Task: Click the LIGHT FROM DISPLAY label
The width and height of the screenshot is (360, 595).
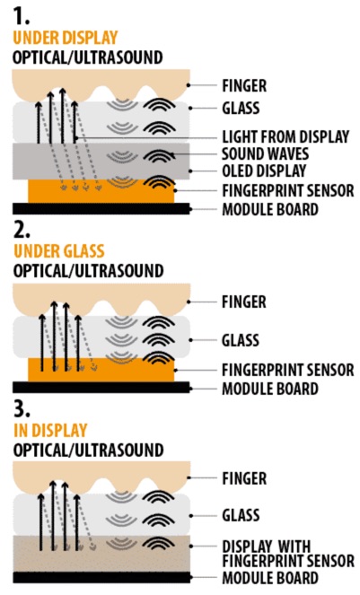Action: click(285, 136)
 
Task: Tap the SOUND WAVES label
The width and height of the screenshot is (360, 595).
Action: click(265, 154)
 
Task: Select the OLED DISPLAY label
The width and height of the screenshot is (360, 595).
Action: click(264, 171)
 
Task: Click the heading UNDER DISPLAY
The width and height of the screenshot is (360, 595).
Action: click(66, 38)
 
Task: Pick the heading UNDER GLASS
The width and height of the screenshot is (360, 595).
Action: click(59, 251)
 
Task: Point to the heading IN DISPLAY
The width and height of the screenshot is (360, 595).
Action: click(50, 430)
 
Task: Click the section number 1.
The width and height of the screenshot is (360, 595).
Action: click(21, 15)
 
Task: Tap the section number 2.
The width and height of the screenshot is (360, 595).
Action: click(22, 229)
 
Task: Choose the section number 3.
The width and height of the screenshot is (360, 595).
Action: click(22, 408)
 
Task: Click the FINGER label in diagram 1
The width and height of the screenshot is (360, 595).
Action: click(244, 86)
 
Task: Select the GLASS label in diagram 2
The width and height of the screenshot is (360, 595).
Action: click(241, 340)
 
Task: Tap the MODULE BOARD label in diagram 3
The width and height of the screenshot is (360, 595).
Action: click(270, 578)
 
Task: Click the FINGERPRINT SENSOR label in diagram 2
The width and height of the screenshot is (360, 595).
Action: click(288, 370)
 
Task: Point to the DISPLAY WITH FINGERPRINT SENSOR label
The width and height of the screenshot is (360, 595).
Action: click(288, 554)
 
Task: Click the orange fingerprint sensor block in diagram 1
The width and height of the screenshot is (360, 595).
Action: click(101, 192)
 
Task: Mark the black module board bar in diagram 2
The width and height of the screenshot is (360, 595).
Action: click(101, 387)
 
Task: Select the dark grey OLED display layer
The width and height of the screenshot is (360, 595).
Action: click(101, 161)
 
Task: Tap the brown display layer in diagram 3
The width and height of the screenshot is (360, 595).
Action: click(101, 554)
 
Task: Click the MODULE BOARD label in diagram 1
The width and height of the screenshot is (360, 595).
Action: click(270, 209)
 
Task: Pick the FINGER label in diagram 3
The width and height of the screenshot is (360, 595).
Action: click(244, 478)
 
